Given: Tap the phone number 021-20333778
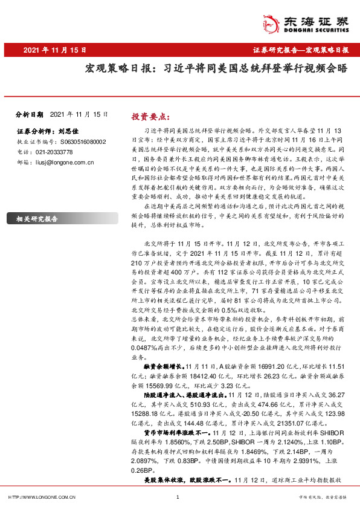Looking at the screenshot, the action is [51, 152].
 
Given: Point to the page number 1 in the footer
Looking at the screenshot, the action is [178, 496].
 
